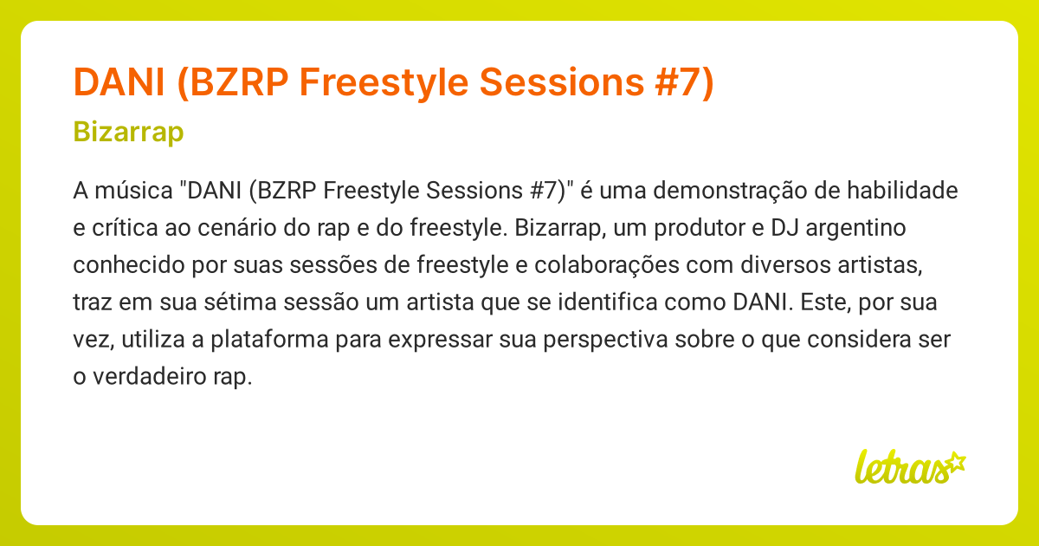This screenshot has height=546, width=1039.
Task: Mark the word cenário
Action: coord(243,228)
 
